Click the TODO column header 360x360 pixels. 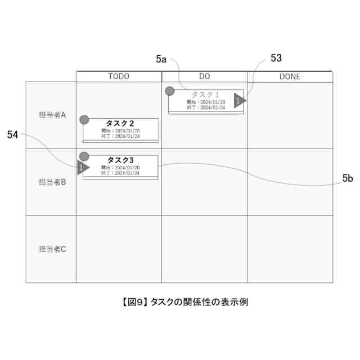coord(119,76)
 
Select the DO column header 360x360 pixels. coord(205,76)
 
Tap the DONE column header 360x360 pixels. coord(290,76)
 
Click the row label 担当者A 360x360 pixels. coord(52,115)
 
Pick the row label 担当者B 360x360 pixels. coord(52,182)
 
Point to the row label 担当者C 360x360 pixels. coord(52,249)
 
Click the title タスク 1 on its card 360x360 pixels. coord(205,94)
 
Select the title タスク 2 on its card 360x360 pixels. coord(120,123)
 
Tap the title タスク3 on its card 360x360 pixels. coord(120,160)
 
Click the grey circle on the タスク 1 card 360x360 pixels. coord(169,91)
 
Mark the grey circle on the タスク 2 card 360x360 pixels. coord(84,119)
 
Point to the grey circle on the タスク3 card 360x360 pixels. coord(84,156)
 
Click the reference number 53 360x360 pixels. coord(276,58)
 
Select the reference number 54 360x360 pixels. coord(13,134)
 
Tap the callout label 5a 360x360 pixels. coord(161,58)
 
